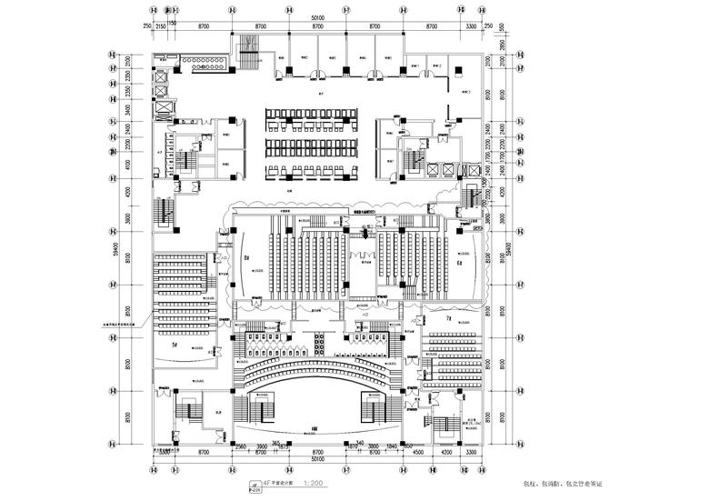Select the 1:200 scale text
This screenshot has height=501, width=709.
coord(314,484)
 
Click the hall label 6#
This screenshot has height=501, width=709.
coord(460,263)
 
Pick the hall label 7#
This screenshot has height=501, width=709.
coord(449,320)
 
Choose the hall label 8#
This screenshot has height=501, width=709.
coord(247,258)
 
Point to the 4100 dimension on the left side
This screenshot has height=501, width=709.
coord(128,166)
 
